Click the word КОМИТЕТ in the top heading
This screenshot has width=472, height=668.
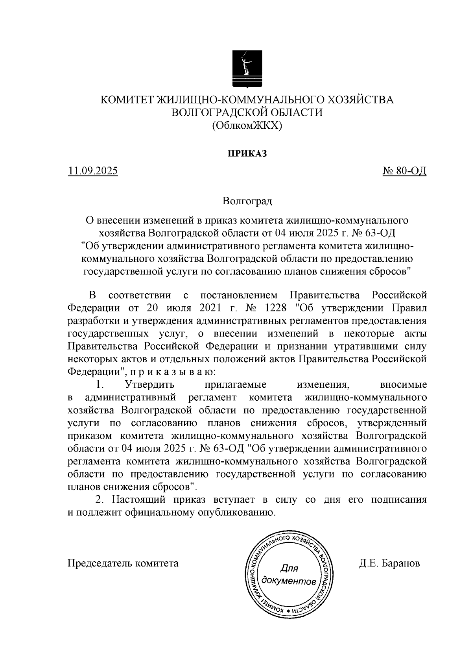[x=127, y=100]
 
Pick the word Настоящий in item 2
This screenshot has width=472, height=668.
[x=139, y=500]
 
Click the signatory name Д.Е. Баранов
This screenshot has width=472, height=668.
[x=389, y=563]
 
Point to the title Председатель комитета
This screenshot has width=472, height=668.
[x=123, y=563]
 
